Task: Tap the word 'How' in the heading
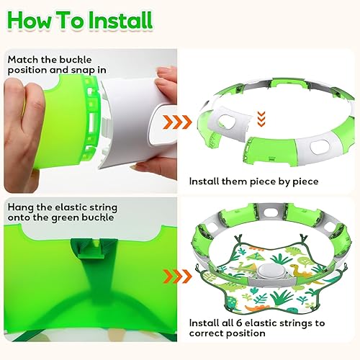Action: [30, 20]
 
